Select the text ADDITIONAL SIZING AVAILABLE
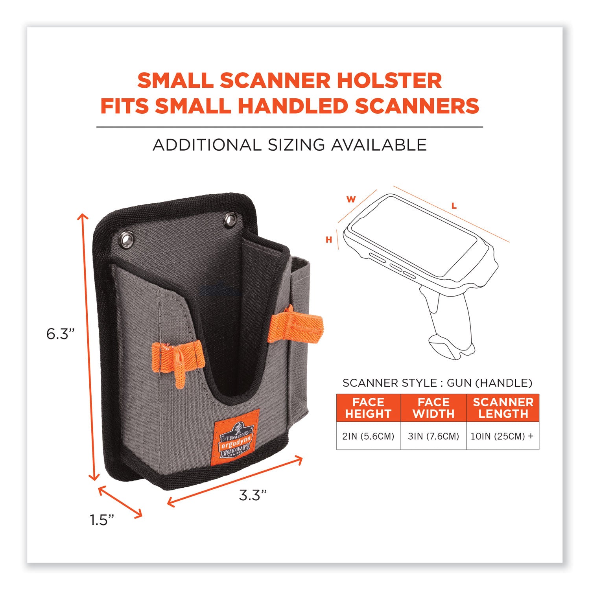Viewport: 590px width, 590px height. [x=289, y=145]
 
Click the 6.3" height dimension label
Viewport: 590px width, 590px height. [x=60, y=334]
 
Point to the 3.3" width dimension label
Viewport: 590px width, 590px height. [x=253, y=495]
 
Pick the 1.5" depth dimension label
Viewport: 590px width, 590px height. [x=102, y=520]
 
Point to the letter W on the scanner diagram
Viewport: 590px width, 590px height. [x=351, y=199]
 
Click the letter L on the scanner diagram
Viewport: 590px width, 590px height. [x=454, y=206]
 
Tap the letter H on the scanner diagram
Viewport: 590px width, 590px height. [x=329, y=240]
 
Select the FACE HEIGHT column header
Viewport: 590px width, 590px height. [x=368, y=408]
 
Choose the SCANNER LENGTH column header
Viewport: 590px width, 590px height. [x=503, y=408]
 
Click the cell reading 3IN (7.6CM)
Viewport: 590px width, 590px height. [x=433, y=436]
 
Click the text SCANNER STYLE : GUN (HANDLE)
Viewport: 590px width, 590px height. [x=437, y=383]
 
